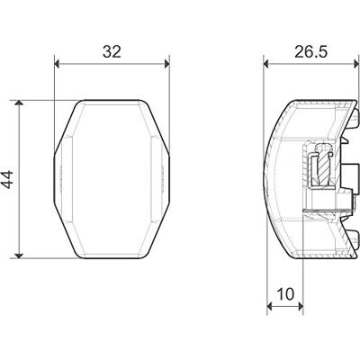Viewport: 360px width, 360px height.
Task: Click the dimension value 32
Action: pyautogui.click(x=112, y=51)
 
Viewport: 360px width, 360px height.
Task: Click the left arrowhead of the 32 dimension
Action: pyautogui.click(x=59, y=64)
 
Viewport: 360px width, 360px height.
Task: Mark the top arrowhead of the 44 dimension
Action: pyautogui.click(x=21, y=103)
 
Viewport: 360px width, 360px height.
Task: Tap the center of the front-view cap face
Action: pyautogui.click(x=112, y=177)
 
